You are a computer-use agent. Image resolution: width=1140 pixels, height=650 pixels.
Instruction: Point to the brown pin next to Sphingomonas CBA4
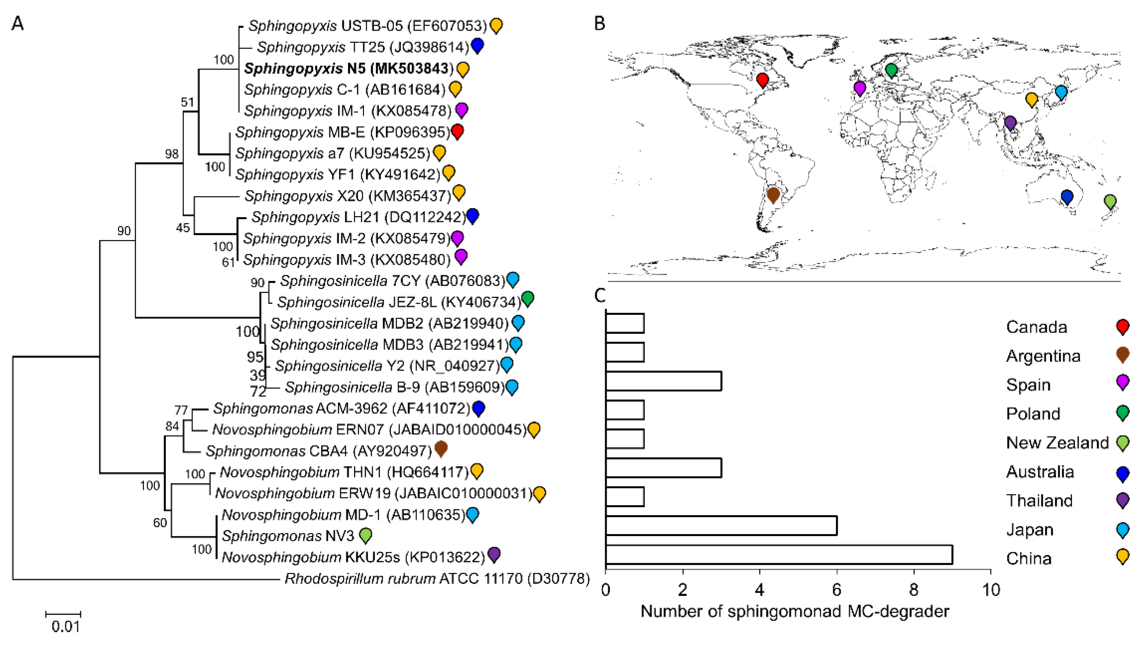click(440, 448)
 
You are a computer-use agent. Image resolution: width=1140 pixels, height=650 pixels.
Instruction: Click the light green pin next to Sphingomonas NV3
click(365, 534)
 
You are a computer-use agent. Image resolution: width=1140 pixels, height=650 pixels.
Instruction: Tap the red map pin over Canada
click(763, 80)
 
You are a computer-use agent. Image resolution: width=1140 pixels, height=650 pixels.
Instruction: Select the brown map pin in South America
click(773, 195)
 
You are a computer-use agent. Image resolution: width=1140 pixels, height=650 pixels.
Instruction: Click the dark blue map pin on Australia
click(1067, 196)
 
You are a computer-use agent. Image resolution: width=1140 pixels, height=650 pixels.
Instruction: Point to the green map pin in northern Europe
click(891, 70)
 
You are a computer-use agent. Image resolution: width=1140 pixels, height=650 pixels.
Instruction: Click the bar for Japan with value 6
click(721, 525)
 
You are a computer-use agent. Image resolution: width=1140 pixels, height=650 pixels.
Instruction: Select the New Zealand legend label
click(1057, 443)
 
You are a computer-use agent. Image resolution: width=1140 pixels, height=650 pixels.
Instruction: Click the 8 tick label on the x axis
click(913, 590)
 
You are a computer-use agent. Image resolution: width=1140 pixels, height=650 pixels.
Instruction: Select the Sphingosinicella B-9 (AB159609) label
click(395, 387)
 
